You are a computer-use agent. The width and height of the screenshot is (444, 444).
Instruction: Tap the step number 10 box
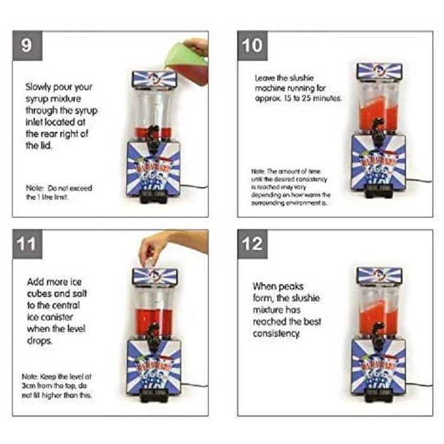tap(252, 47)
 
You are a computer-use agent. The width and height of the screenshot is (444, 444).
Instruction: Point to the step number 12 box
tap(252, 245)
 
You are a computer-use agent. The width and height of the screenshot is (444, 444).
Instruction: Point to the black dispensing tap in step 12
tap(379, 330)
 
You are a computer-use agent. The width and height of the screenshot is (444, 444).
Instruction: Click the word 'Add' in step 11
tap(36, 281)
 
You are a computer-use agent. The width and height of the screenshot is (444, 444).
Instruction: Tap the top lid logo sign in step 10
tap(379, 72)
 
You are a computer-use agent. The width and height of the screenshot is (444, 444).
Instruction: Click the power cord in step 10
tap(415, 181)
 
